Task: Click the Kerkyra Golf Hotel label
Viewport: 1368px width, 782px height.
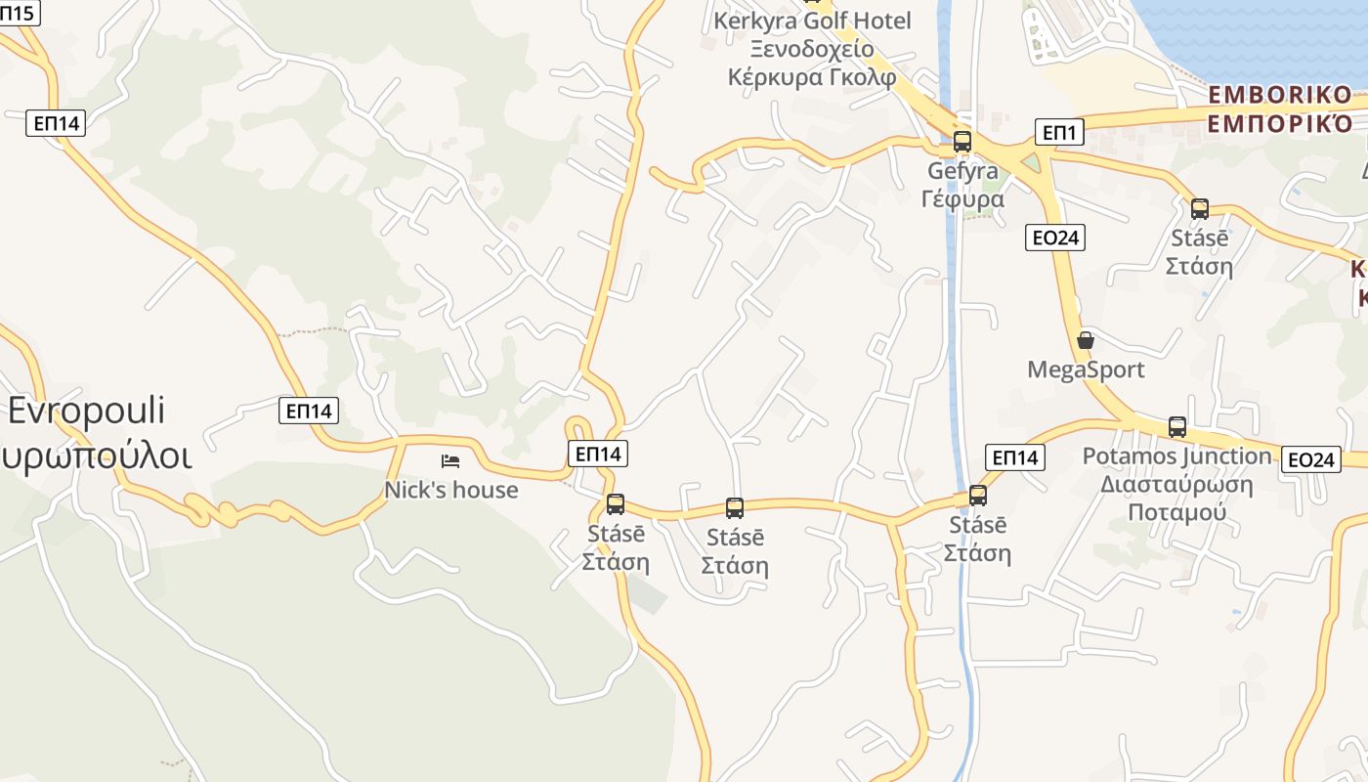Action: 812,21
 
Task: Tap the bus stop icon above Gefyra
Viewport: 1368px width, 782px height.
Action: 962,141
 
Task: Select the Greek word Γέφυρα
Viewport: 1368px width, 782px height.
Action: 962,198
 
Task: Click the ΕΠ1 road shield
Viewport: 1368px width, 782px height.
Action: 1059,132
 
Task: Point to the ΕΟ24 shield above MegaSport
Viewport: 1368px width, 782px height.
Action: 1055,237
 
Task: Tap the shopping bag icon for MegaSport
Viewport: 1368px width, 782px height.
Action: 1085,340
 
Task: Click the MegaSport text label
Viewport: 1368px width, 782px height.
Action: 1086,369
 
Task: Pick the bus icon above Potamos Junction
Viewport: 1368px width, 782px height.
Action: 1177,427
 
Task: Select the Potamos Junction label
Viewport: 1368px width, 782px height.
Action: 1177,456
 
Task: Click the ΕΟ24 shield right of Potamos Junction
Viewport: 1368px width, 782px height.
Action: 1310,459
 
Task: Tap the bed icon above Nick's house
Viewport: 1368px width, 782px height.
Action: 450,460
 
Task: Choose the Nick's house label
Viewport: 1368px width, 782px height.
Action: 451,489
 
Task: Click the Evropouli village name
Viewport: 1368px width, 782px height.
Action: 87,411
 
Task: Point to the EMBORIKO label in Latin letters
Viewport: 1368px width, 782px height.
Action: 1280,96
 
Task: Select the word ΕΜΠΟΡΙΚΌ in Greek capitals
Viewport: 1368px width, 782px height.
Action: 1280,124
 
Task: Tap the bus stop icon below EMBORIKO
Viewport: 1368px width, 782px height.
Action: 1200,208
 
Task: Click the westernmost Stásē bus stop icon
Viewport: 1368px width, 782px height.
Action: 616,504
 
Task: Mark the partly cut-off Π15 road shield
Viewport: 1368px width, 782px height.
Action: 20,13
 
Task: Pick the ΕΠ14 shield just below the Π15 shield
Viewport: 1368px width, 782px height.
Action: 56,122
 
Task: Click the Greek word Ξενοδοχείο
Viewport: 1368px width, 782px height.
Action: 812,49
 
